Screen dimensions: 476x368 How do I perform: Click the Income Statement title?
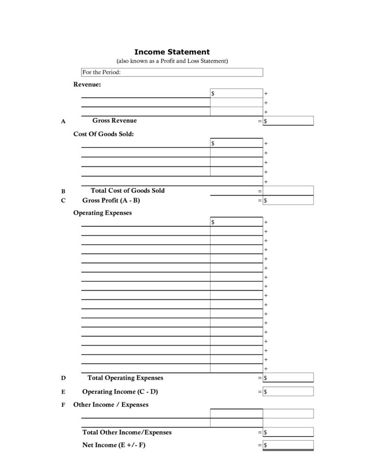click(x=172, y=52)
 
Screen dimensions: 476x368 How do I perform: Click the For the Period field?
click(x=172, y=72)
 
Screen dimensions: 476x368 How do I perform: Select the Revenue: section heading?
click(x=87, y=84)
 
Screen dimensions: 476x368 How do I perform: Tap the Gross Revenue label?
click(x=114, y=121)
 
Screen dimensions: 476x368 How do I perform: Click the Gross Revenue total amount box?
click(x=288, y=121)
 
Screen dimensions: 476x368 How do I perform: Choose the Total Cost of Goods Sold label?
click(x=128, y=190)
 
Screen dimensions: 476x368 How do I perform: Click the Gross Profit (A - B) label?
click(x=111, y=200)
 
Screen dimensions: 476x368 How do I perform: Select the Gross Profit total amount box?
click(x=288, y=200)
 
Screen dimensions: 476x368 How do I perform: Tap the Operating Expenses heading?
click(x=103, y=213)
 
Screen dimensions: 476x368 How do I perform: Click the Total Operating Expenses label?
click(x=125, y=378)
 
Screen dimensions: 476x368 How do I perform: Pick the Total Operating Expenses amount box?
click(x=288, y=378)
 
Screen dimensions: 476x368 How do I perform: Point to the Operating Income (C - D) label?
click(x=120, y=392)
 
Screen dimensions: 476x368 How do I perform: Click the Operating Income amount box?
click(x=288, y=392)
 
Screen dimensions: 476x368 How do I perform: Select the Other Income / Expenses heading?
click(x=110, y=405)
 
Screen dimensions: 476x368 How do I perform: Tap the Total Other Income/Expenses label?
click(x=127, y=432)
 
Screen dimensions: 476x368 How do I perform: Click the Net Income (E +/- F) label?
click(x=114, y=445)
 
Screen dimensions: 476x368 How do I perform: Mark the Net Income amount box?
click(x=288, y=445)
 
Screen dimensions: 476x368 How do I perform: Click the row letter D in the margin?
click(x=63, y=378)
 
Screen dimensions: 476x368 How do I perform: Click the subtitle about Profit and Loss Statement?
click(x=172, y=61)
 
